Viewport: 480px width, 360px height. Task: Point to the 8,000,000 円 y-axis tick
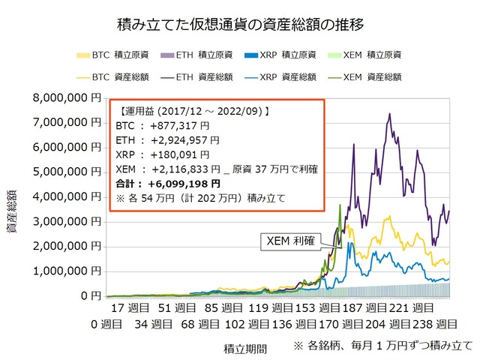point(64,97)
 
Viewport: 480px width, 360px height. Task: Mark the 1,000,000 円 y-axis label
point(64,271)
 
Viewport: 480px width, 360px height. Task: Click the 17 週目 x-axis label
point(130,309)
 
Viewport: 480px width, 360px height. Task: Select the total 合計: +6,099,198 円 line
point(169,184)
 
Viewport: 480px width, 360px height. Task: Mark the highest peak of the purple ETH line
point(388,114)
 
